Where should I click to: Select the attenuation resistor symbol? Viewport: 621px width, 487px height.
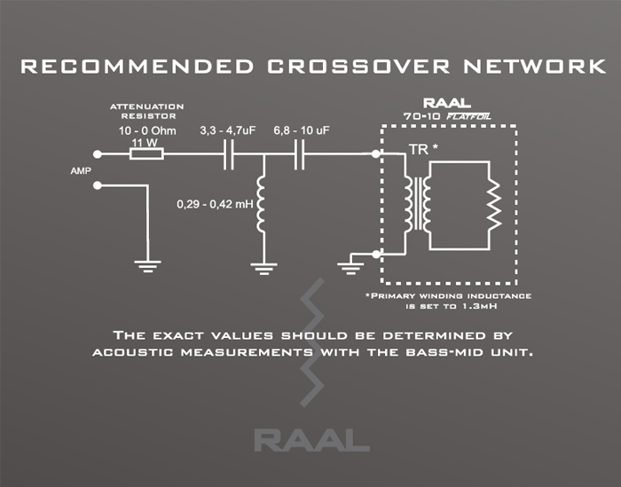pos(146,153)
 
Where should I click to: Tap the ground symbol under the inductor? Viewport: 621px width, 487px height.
pos(262,265)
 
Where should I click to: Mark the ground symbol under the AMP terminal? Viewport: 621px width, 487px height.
pos(146,263)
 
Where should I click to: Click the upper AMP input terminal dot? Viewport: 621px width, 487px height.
pos(98,153)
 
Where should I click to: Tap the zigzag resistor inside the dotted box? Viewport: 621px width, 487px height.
pos(490,206)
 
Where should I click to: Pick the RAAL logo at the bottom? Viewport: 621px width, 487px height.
pos(310,438)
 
